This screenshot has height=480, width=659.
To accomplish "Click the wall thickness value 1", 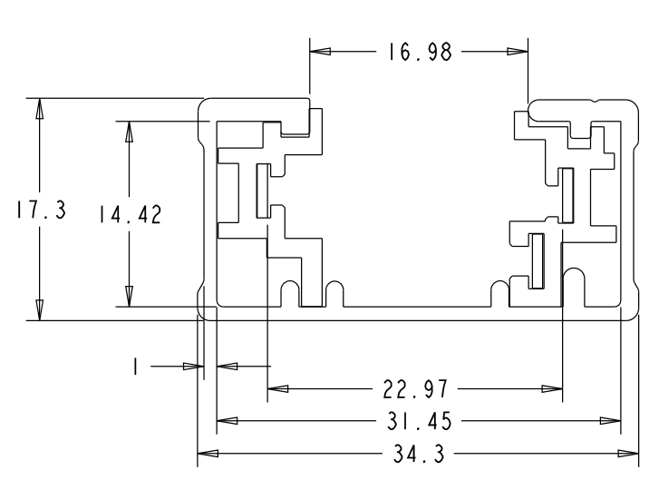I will point(135,367).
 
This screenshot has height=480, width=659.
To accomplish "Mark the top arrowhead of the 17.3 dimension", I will point(39,108).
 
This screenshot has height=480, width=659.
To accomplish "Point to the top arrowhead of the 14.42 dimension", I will point(129,131).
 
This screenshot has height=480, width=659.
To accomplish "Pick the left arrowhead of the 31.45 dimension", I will point(226,421).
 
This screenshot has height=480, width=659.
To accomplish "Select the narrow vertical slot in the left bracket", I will point(262,191).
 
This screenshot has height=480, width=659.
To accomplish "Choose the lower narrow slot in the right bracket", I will point(537,260).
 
